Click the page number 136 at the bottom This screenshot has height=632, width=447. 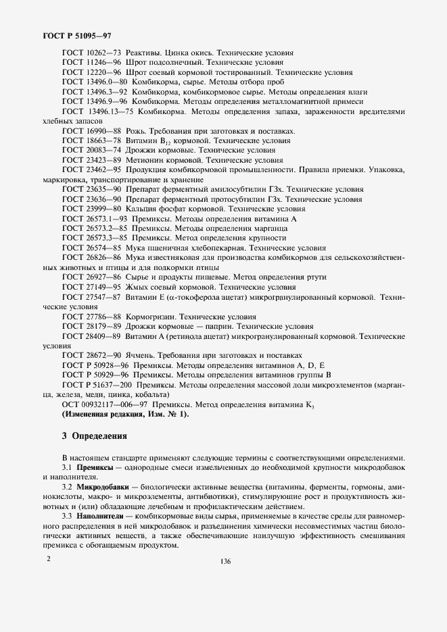(224, 561)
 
